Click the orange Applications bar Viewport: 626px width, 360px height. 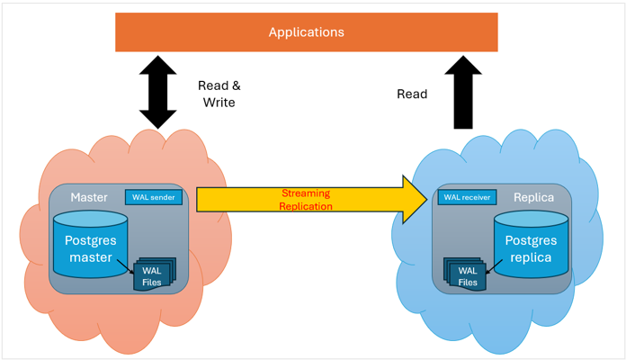coord(180,32)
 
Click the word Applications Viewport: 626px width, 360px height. coord(306,32)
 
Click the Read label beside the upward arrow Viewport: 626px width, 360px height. coord(412,94)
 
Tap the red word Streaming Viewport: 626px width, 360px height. coord(306,193)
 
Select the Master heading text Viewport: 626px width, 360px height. coord(90,197)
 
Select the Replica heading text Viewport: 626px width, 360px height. coord(532,197)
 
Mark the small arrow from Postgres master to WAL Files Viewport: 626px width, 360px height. coord(128,260)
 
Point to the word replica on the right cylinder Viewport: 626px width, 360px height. coord(532,258)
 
